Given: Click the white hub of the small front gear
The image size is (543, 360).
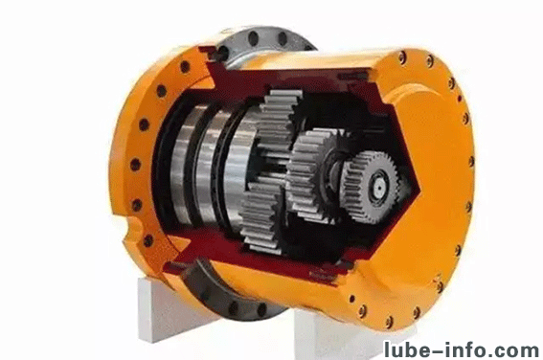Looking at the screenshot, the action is coord(380,188).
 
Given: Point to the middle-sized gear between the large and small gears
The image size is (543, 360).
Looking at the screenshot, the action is coord(310,175).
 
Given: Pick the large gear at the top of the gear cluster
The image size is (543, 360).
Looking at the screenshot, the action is coord(279,118).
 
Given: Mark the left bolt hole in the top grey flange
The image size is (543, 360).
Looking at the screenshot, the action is coord(254,37).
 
